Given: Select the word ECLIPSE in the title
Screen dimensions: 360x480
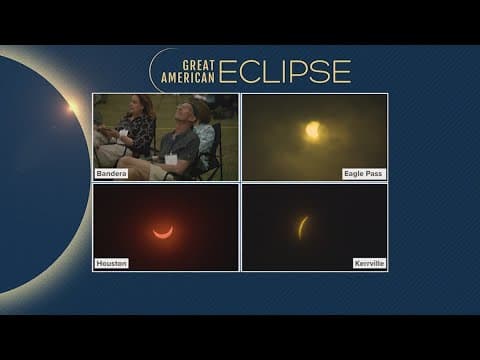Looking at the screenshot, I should [x=285, y=71].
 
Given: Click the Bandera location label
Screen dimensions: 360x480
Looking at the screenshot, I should [x=111, y=173].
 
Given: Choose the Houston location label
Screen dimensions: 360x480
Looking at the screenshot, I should [x=112, y=263].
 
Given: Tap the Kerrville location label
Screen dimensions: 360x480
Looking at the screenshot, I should [x=368, y=263].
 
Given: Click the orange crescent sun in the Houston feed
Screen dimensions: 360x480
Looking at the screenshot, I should [x=162, y=232].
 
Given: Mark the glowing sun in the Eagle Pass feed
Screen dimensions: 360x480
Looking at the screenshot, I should [x=313, y=130].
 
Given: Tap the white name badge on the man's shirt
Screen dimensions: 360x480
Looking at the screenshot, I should [x=171, y=158].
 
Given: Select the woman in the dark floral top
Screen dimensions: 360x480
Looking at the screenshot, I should [x=136, y=128].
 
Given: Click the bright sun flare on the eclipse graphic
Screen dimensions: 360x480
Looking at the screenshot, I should [x=71, y=107].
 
